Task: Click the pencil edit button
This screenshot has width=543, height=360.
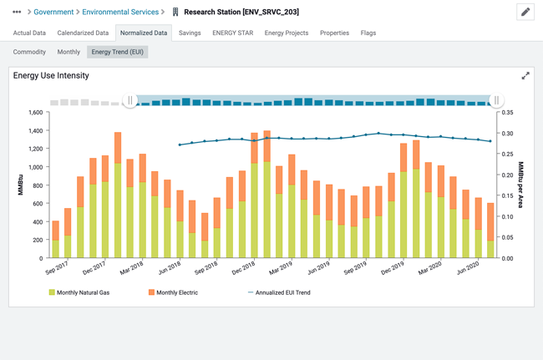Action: pos(525,12)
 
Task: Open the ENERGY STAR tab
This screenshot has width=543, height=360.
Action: pos(232,33)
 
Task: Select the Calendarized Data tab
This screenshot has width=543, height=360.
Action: pos(83,33)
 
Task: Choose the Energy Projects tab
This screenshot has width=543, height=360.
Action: pos(286,33)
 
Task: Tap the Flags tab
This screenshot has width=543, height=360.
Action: pos(368,33)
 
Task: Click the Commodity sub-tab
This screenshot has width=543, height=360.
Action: pos(29,52)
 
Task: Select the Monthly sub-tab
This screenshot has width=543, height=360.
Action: pos(69,52)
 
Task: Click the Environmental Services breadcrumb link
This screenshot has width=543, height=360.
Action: pos(120,13)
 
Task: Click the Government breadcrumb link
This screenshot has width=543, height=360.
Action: pos(53,13)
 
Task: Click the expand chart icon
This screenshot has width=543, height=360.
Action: pos(525,76)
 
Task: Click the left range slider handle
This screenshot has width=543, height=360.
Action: pos(130,100)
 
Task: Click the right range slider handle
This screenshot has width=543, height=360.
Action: pos(496,100)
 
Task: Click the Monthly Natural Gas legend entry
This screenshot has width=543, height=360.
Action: pos(79,292)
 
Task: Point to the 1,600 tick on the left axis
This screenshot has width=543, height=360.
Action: pos(34,113)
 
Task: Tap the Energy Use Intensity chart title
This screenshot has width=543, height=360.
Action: pos(51,75)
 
